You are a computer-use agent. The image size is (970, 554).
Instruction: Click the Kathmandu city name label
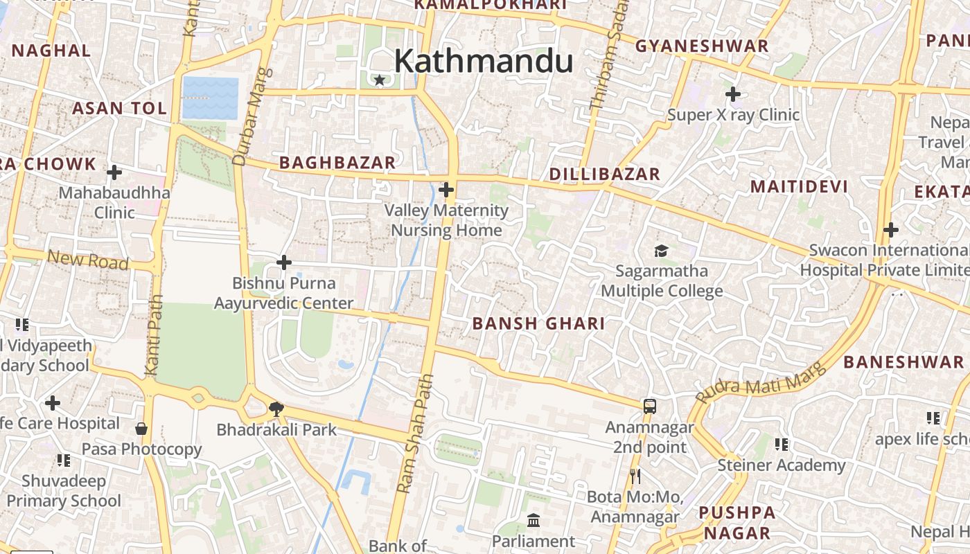tap(483, 61)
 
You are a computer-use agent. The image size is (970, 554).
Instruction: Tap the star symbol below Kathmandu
tap(379, 80)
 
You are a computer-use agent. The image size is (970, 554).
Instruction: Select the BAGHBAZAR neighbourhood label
tap(337, 163)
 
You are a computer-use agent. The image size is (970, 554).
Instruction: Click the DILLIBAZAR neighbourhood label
tap(604, 175)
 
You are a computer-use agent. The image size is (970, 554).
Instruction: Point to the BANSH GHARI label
tap(538, 323)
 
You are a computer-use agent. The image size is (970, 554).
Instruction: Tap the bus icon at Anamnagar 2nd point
tap(649, 406)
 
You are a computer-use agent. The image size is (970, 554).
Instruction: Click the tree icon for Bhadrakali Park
tap(276, 409)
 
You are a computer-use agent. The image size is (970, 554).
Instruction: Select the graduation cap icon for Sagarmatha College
tap(661, 251)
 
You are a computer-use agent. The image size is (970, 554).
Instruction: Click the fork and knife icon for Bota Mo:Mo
tap(635, 476)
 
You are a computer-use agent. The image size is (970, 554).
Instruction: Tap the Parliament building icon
tap(533, 520)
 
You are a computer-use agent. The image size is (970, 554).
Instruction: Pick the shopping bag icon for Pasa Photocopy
tap(141, 429)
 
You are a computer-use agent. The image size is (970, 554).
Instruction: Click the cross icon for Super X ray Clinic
tap(732, 93)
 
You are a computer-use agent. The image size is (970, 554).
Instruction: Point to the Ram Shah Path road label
tap(415, 434)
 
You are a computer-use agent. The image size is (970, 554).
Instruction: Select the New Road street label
tap(88, 260)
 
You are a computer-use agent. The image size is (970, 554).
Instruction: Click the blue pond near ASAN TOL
tap(211, 98)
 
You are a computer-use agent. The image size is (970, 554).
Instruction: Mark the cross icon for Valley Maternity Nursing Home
tap(446, 189)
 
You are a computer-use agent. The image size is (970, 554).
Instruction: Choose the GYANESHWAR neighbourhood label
tap(702, 46)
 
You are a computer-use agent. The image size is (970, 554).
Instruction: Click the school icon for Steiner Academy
tap(782, 444)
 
